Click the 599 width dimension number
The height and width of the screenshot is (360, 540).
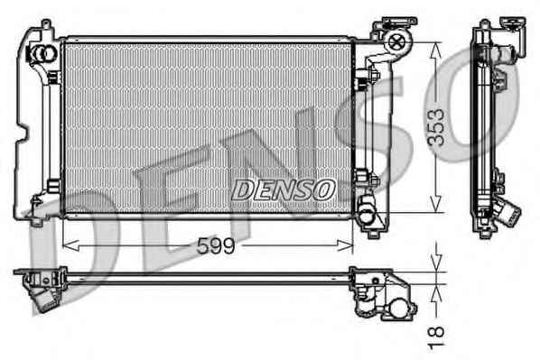click(x=216, y=246)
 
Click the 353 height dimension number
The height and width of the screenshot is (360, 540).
click(x=436, y=127)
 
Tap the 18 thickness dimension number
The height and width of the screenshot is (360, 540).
click(x=436, y=338)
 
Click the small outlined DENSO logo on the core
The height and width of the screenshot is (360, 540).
click(x=284, y=189)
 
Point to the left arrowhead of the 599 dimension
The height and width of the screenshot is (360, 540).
click(x=71, y=245)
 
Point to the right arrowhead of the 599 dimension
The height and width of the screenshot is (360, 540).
click(x=345, y=245)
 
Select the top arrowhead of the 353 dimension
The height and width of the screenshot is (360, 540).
click(x=436, y=51)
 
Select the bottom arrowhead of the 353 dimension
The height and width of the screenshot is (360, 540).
click(x=436, y=204)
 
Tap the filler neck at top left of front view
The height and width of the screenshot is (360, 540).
click(x=43, y=53)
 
